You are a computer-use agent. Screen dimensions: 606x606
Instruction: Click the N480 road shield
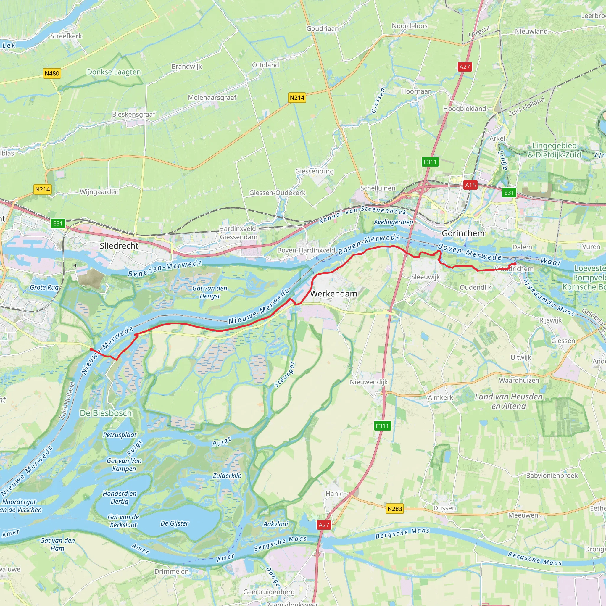click(52, 73)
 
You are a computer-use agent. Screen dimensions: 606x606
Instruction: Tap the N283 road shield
click(394, 508)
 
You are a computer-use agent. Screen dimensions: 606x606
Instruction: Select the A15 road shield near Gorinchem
click(470, 185)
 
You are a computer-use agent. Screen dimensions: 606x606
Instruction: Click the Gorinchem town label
click(463, 233)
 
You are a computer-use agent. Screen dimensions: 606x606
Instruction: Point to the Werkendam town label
click(333, 294)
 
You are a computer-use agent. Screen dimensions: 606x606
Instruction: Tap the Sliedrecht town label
click(119, 246)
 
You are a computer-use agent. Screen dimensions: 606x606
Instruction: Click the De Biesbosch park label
click(106, 413)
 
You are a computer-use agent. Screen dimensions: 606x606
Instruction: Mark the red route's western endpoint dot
click(91, 349)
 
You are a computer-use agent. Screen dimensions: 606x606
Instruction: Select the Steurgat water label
click(284, 374)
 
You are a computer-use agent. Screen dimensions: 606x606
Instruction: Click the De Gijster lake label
click(174, 523)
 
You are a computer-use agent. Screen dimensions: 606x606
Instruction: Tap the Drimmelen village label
click(171, 571)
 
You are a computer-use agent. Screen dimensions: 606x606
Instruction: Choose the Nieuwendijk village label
click(369, 382)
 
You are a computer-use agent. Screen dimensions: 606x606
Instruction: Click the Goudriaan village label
click(323, 28)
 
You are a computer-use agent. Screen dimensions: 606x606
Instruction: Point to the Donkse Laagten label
click(114, 72)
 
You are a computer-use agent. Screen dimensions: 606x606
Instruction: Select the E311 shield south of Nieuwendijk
click(382, 426)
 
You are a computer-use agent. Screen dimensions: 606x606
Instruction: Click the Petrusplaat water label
click(120, 435)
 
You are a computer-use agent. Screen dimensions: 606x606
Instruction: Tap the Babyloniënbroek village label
click(552, 475)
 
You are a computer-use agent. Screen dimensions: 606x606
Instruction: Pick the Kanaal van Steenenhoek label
click(362, 213)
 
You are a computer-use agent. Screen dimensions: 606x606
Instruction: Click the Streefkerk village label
click(66, 36)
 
